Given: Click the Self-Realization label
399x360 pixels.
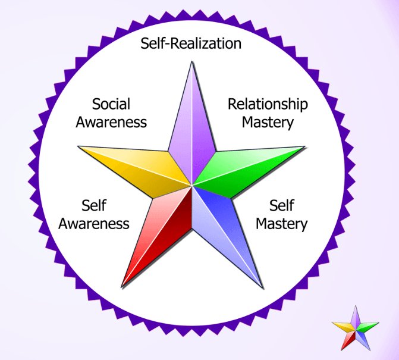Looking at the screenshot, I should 191,44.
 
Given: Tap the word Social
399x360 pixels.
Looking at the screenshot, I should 111,104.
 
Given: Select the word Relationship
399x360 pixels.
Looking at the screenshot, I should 268,104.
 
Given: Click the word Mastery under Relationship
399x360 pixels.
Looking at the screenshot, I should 268,123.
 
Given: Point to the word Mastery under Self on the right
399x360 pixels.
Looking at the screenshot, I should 282,224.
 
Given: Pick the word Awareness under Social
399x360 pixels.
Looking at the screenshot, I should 111,123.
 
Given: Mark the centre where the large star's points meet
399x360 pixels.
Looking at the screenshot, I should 191,185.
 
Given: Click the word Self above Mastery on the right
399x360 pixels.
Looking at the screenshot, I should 282,206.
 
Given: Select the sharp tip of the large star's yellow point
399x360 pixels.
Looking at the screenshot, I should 79,147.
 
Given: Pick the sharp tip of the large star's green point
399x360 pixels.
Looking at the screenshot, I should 304,147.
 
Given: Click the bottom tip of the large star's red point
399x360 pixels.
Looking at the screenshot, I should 122,287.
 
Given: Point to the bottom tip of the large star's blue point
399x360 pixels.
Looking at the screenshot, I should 262,287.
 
